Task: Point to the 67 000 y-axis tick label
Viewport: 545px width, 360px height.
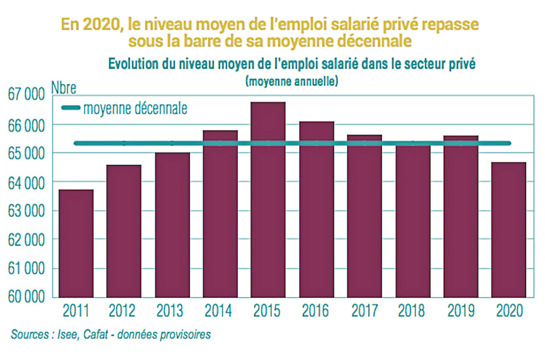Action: (x=26, y=95)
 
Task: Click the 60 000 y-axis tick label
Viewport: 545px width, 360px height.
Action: (x=26, y=297)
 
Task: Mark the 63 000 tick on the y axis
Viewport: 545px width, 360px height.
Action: (x=26, y=211)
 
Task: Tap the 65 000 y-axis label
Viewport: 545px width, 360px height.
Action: (x=26, y=153)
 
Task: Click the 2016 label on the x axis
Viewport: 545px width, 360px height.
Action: (x=316, y=311)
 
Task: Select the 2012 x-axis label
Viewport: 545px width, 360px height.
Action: (x=123, y=311)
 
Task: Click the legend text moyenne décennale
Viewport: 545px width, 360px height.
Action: (x=135, y=108)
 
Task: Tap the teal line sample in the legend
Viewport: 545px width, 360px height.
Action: (x=70, y=108)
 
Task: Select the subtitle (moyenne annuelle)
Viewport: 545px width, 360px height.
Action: (x=291, y=82)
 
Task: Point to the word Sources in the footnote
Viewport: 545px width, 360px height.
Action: (x=31, y=335)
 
